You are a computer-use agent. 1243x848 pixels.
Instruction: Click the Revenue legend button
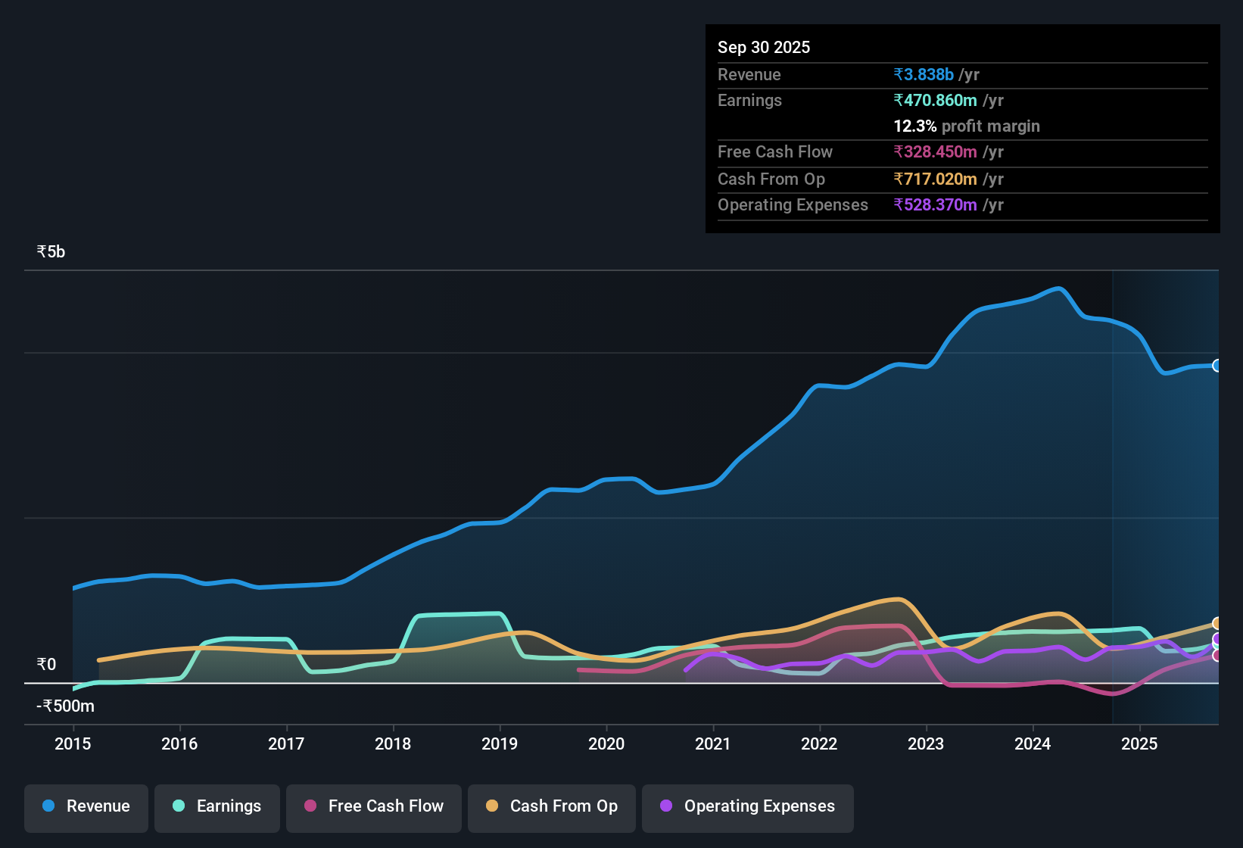(x=86, y=806)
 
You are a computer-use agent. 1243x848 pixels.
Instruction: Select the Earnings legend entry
(x=217, y=806)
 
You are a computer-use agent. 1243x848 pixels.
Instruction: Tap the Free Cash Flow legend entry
(x=373, y=806)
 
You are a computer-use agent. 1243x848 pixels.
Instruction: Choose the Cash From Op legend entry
(x=551, y=806)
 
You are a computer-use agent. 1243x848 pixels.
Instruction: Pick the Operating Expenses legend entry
(x=747, y=806)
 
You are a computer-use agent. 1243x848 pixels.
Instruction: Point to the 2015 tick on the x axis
(x=73, y=744)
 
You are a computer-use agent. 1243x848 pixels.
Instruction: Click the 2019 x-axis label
(x=500, y=744)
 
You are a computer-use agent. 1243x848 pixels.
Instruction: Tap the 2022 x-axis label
(x=819, y=744)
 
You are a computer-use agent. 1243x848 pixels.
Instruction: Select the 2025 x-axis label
(x=1139, y=744)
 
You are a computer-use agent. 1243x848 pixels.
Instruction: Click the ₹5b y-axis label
(x=51, y=252)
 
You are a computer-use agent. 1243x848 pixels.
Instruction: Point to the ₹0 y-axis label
(x=46, y=665)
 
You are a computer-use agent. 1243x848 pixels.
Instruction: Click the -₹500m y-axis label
(x=66, y=706)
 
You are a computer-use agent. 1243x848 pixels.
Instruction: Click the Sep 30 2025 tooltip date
(x=763, y=48)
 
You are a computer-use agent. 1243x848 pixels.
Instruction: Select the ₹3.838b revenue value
(x=924, y=75)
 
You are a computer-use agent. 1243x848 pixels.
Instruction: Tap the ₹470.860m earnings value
(x=935, y=101)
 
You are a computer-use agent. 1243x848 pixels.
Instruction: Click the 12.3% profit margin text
(x=966, y=126)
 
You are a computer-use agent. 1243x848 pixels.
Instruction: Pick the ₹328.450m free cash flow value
(x=935, y=152)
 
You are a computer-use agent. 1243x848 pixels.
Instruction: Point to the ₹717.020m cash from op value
(x=935, y=179)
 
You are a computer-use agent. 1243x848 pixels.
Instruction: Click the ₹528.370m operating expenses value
(x=935, y=205)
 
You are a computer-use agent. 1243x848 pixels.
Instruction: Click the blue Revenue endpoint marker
(x=1217, y=366)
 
